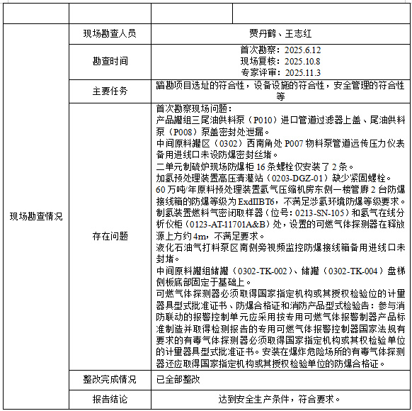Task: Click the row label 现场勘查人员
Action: [110, 33]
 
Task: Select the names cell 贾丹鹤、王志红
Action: [280, 33]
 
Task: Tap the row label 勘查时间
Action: [110, 61]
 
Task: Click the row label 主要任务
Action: [110, 91]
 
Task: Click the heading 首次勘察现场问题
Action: [193, 109]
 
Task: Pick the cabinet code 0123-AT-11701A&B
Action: [206, 223]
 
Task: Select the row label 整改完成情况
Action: [110, 379]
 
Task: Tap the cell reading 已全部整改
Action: [178, 379]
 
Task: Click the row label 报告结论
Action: [110, 399]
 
